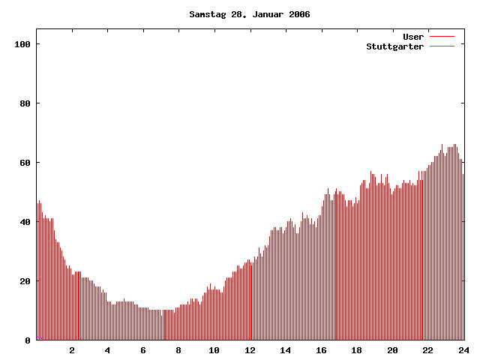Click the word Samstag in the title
[x=205, y=14]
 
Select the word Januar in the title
[x=264, y=14]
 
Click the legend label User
[x=413, y=37]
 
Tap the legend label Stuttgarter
[x=394, y=46]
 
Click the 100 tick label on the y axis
[x=22, y=44]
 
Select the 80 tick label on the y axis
[x=25, y=103]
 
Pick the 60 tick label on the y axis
[x=25, y=163]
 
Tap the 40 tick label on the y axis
[x=25, y=222]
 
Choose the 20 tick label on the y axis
[x=25, y=281]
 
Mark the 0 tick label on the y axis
[x=28, y=340]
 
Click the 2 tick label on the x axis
[x=72, y=350]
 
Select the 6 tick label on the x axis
[x=143, y=350]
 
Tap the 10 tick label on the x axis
[x=214, y=350]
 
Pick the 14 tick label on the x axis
[x=286, y=350]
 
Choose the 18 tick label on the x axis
[x=356, y=350]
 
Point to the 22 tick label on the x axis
[x=427, y=350]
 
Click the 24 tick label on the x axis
[x=463, y=350]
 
